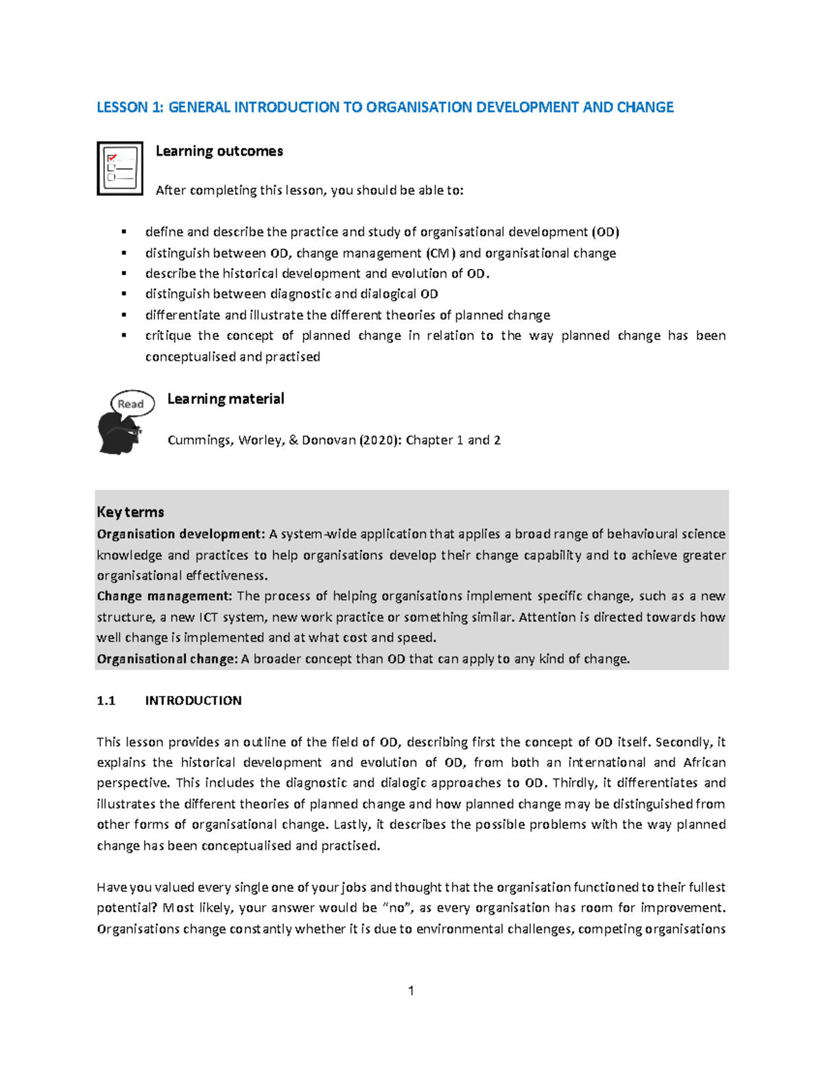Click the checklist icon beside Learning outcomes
coord(120,169)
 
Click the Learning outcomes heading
coord(219,151)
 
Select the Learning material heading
coord(226,398)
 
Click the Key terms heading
coord(130,512)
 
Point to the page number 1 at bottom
coord(411,990)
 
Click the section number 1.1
coord(106,700)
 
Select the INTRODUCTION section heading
coord(193,700)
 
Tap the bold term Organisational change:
coord(167,659)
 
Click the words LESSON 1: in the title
coord(130,107)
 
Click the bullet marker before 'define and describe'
coord(124,232)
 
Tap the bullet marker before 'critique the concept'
coord(124,335)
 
